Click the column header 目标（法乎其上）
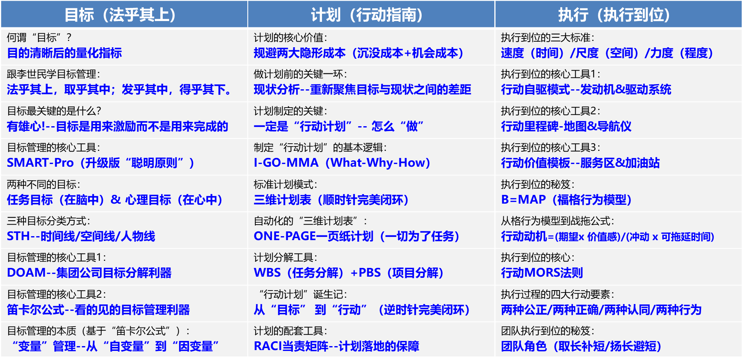pos(120,15)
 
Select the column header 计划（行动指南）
pos(367,15)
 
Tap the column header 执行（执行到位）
pos(614,15)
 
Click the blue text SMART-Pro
pos(40,163)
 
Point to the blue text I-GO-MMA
pos(286,163)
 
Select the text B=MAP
pos(523,200)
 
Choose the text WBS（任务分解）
pos(299,273)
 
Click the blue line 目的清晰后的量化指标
pos(64,53)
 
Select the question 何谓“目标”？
pos(39,38)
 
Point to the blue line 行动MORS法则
pos(542,273)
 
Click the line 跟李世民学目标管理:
pos(54,74)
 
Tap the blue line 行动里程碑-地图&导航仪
pos(566,127)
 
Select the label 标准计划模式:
pos(285,185)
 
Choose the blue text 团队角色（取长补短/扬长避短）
pos(581,347)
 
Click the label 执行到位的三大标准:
pos(547,38)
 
